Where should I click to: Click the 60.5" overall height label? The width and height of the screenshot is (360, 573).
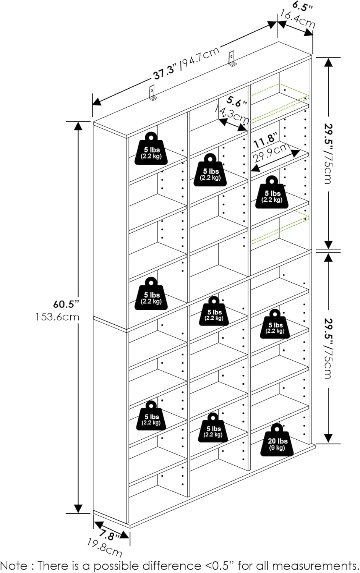[x=66, y=304]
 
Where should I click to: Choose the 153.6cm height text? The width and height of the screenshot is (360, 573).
[x=57, y=317]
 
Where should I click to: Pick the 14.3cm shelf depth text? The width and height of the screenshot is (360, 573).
[x=232, y=114]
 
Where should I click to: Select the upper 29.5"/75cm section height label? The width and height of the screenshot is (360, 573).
[x=328, y=153]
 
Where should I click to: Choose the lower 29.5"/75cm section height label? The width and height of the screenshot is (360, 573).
[x=328, y=348]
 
